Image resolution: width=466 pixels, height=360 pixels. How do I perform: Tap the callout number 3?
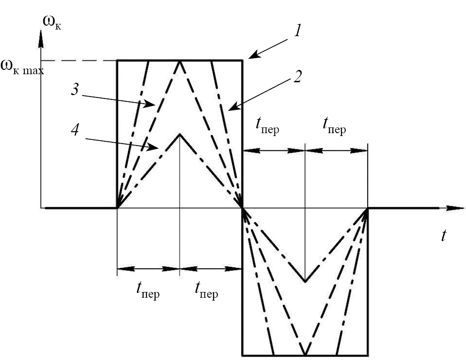tap(75, 90)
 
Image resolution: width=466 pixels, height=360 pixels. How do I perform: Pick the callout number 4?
tap(75, 131)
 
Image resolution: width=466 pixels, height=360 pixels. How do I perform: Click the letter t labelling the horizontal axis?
tap(444, 235)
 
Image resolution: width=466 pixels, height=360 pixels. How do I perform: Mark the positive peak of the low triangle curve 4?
tap(180, 135)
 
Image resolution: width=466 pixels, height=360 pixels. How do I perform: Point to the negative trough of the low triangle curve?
tap(305, 281)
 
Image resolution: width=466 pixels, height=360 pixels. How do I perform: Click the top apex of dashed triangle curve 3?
tap(180, 61)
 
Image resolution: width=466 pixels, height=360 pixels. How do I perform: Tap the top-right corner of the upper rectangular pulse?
tap(243, 60)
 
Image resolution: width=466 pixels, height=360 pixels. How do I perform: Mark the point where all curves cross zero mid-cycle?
tap(243, 208)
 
